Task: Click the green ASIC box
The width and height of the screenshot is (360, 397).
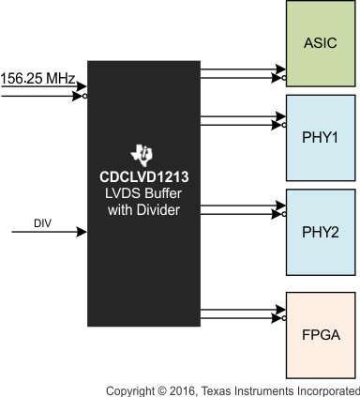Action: point(322,44)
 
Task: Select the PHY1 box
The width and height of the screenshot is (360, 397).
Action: point(322,138)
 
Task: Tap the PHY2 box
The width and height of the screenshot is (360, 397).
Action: point(322,232)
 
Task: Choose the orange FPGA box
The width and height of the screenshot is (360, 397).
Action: point(322,333)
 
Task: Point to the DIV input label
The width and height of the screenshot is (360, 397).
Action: point(42,223)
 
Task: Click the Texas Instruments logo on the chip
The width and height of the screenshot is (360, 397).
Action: point(142,154)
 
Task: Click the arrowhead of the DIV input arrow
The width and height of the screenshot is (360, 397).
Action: point(82,233)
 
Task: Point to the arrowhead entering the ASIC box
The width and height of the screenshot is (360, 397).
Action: point(278,70)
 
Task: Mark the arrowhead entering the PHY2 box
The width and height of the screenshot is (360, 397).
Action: point(278,205)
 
